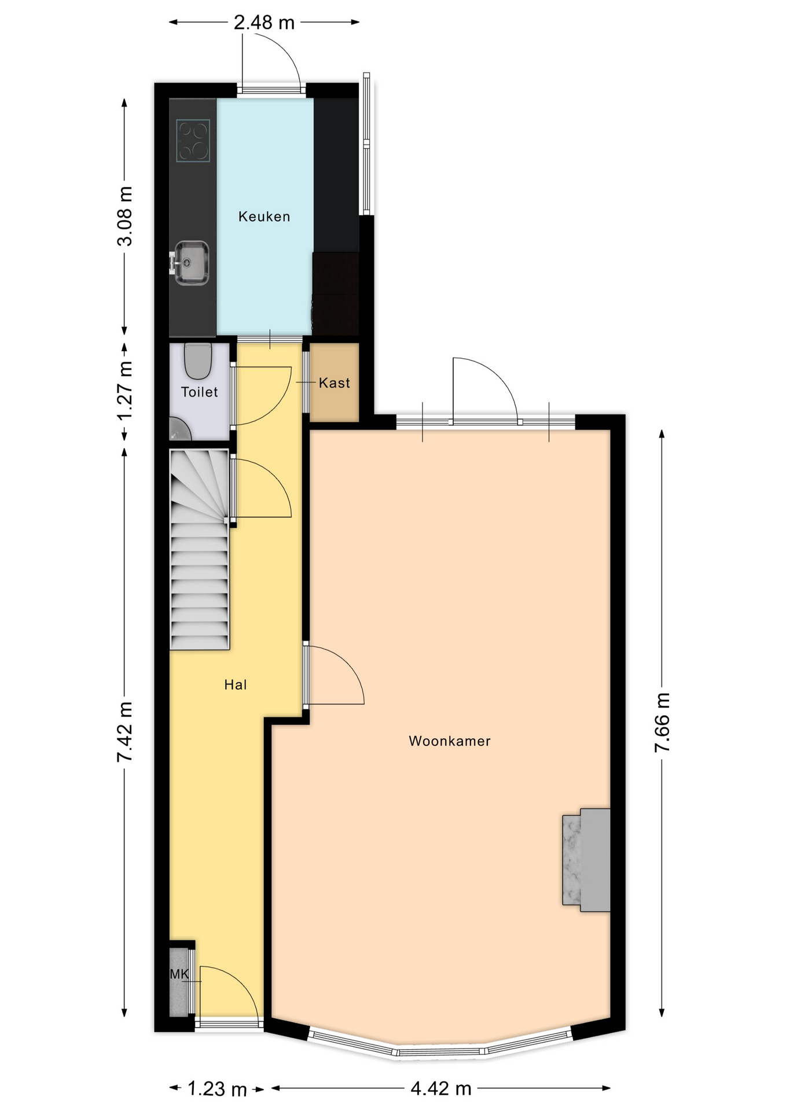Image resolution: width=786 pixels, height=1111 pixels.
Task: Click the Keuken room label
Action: click(264, 216)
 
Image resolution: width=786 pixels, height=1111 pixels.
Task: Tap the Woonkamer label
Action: click(450, 741)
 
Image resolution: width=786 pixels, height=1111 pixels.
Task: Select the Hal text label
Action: click(236, 685)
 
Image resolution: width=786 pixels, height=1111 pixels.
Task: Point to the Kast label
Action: click(335, 382)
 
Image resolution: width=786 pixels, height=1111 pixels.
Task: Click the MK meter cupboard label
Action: click(179, 974)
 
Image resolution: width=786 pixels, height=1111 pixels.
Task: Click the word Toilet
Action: click(200, 392)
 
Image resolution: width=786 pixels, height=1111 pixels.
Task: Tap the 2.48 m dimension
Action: click(264, 23)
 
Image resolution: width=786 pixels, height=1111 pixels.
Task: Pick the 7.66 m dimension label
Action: click(662, 723)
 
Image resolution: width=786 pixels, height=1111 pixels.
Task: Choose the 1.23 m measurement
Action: click(217, 1089)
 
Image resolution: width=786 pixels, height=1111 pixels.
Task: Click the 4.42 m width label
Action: click(441, 1088)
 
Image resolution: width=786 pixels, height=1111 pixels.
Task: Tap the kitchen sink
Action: click(190, 263)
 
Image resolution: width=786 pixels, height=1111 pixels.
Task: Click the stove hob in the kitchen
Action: click(193, 140)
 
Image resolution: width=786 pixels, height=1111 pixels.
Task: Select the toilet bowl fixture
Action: click(198, 360)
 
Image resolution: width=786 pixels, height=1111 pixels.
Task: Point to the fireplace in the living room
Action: click(586, 860)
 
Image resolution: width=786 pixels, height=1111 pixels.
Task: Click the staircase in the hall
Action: click(200, 549)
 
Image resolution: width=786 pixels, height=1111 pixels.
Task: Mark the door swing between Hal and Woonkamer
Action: click(335, 675)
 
